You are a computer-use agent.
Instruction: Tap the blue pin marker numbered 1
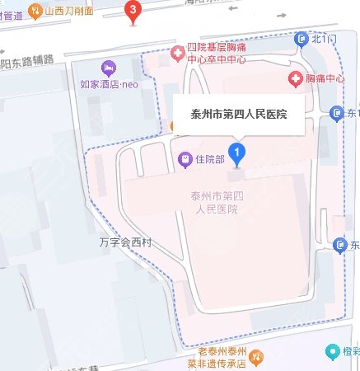(x=238, y=153)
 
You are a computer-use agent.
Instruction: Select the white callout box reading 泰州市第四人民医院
(x=238, y=115)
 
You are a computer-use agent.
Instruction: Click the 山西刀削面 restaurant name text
(x=71, y=11)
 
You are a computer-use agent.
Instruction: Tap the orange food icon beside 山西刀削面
(x=35, y=11)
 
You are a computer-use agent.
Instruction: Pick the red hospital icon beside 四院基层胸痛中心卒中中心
(x=177, y=54)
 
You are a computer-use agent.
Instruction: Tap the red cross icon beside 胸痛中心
(x=294, y=78)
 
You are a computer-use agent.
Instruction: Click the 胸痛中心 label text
(x=324, y=79)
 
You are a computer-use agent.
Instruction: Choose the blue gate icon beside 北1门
(x=301, y=40)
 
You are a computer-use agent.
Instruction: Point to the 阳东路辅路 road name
(x=27, y=60)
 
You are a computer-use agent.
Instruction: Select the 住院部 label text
(x=210, y=158)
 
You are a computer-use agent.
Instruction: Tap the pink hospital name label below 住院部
(x=213, y=203)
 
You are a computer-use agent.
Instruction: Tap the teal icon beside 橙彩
(x=334, y=353)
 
